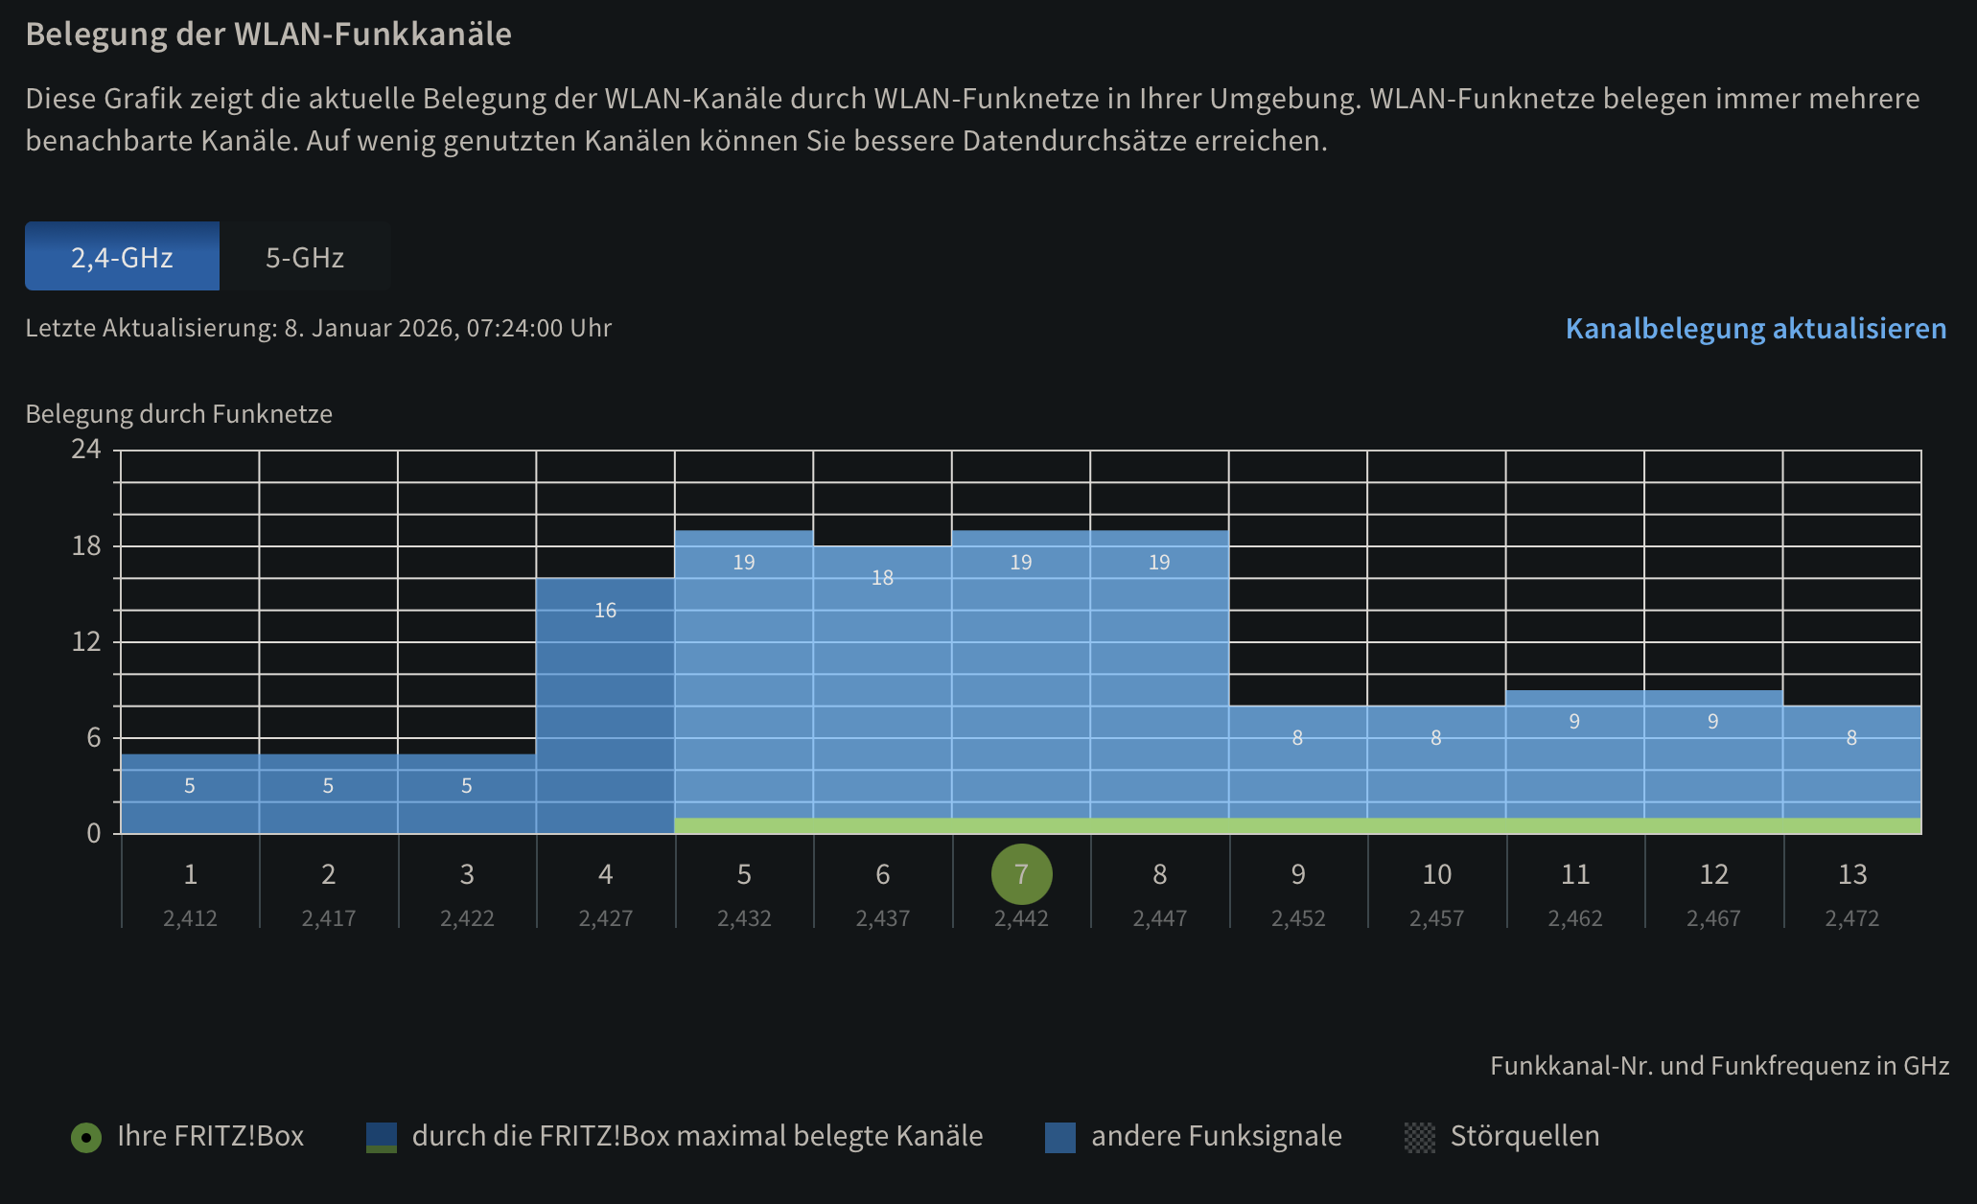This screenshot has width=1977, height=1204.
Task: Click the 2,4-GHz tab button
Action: click(x=122, y=257)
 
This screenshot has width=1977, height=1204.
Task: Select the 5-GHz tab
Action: click(x=305, y=257)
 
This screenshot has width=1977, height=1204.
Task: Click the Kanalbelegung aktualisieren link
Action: click(x=1756, y=329)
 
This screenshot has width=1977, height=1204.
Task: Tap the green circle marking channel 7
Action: click(x=1021, y=874)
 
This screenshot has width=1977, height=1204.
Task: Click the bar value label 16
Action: click(x=605, y=611)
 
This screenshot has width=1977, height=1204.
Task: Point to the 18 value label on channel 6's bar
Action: click(x=882, y=578)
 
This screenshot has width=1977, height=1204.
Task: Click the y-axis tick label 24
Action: click(x=85, y=450)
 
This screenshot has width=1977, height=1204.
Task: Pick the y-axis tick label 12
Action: click(x=85, y=641)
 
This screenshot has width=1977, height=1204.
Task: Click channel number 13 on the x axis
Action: click(x=1852, y=874)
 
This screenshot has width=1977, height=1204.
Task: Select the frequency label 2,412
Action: click(x=190, y=918)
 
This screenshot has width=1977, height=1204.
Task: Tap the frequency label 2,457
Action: click(x=1436, y=918)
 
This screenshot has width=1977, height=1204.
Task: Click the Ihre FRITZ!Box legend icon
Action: click(x=86, y=1138)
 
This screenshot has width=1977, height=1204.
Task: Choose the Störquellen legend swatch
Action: click(x=1420, y=1138)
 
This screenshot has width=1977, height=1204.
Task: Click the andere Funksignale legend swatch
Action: click(x=1060, y=1138)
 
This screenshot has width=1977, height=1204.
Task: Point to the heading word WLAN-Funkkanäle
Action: click(x=373, y=35)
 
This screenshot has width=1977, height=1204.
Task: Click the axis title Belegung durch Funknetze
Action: click(x=178, y=414)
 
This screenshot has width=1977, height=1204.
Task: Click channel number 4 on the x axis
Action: click(x=605, y=874)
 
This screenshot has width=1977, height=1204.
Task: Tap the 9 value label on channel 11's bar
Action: click(x=1574, y=722)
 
